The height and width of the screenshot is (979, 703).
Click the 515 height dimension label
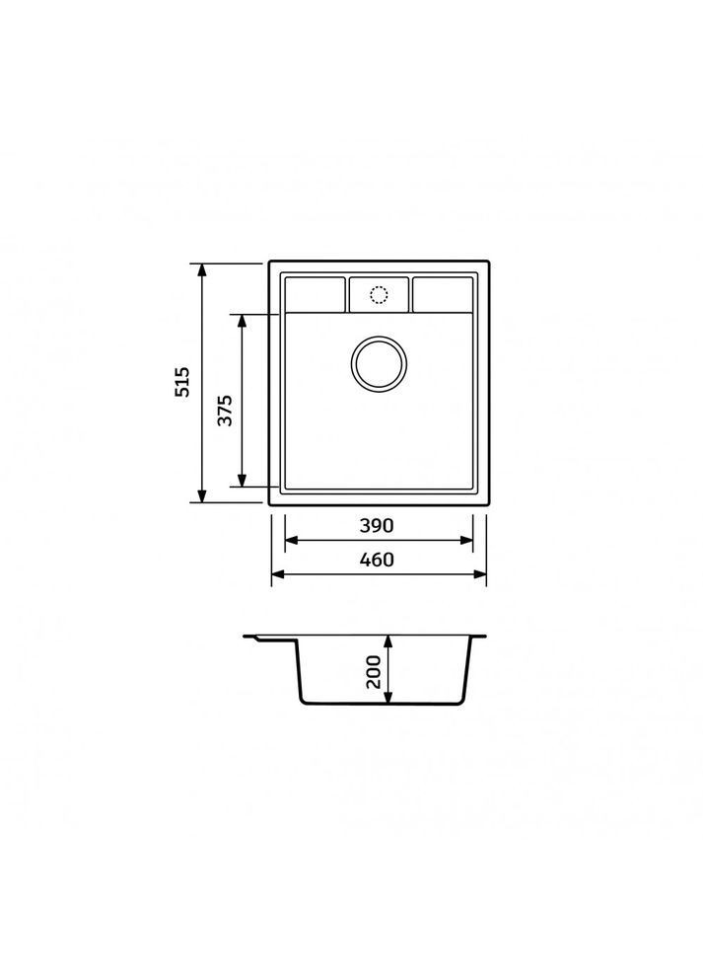[x=182, y=382]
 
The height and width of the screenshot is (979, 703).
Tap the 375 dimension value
[x=225, y=411]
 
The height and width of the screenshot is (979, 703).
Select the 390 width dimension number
[x=377, y=526]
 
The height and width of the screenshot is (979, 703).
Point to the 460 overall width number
[x=377, y=560]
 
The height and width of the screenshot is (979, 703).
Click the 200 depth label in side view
[x=374, y=672]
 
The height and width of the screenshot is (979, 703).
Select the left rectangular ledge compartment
[x=315, y=295]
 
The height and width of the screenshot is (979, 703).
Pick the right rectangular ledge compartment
[x=443, y=295]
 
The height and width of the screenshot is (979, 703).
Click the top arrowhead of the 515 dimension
[x=201, y=269]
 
